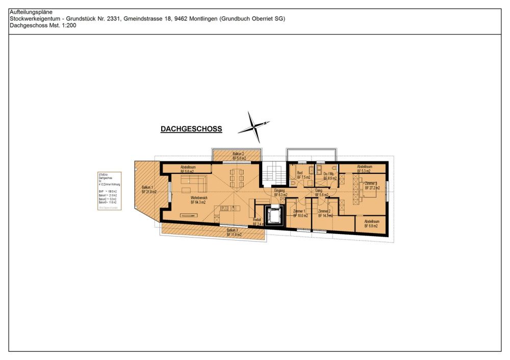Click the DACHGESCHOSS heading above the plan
point(191,129)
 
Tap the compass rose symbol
point(253,126)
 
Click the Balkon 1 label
point(148,189)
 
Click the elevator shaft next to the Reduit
point(274,216)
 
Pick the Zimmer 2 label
point(325,213)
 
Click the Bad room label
point(300,175)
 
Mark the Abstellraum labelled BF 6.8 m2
point(371,223)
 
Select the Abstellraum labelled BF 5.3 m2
point(364,169)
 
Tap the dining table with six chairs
point(236,178)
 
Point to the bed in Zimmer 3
point(368,187)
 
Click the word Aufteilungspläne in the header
point(31,12)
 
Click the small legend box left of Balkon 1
point(109,192)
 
